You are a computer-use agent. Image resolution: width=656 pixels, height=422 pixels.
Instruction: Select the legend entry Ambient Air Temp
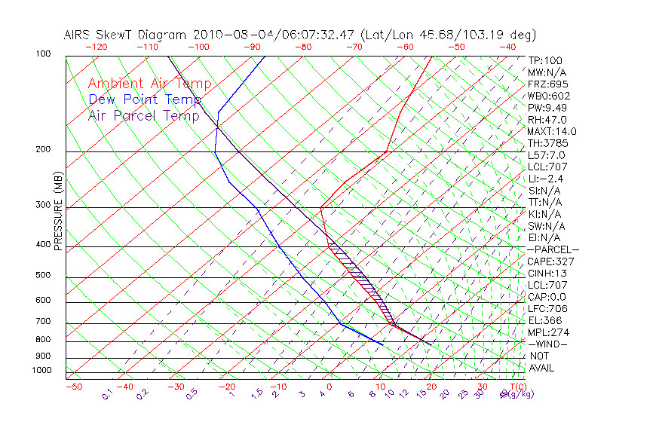[x=149, y=84]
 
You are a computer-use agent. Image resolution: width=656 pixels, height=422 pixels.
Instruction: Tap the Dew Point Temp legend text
[x=145, y=99]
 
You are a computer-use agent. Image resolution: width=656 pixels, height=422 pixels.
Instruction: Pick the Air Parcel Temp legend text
[x=144, y=115]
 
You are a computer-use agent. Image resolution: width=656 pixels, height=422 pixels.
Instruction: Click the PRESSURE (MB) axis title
[x=58, y=211]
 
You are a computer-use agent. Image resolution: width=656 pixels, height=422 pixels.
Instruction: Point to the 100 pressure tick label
[x=43, y=54]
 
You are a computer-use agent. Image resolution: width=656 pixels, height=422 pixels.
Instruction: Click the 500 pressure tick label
[x=43, y=276]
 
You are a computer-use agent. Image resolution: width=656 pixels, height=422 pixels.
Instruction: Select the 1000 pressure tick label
[x=41, y=370]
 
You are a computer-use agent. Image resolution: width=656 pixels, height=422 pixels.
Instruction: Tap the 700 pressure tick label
[x=43, y=322]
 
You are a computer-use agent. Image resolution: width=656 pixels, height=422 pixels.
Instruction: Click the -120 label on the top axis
[x=96, y=46]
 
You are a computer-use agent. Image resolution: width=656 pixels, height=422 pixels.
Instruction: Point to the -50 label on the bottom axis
[x=73, y=387]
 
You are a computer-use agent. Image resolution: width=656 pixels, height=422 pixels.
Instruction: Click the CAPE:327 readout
[x=550, y=261]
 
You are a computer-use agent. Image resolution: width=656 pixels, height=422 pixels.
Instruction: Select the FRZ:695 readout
[x=548, y=84]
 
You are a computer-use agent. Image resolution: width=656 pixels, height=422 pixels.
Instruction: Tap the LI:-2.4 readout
[x=546, y=179]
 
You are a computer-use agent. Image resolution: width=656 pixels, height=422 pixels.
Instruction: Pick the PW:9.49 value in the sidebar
[x=548, y=108]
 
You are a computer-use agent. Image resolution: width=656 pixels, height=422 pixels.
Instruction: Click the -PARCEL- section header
[x=553, y=249]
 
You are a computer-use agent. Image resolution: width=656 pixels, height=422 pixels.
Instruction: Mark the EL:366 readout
[x=546, y=320]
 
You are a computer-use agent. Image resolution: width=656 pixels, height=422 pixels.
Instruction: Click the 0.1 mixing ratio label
[x=106, y=395]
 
